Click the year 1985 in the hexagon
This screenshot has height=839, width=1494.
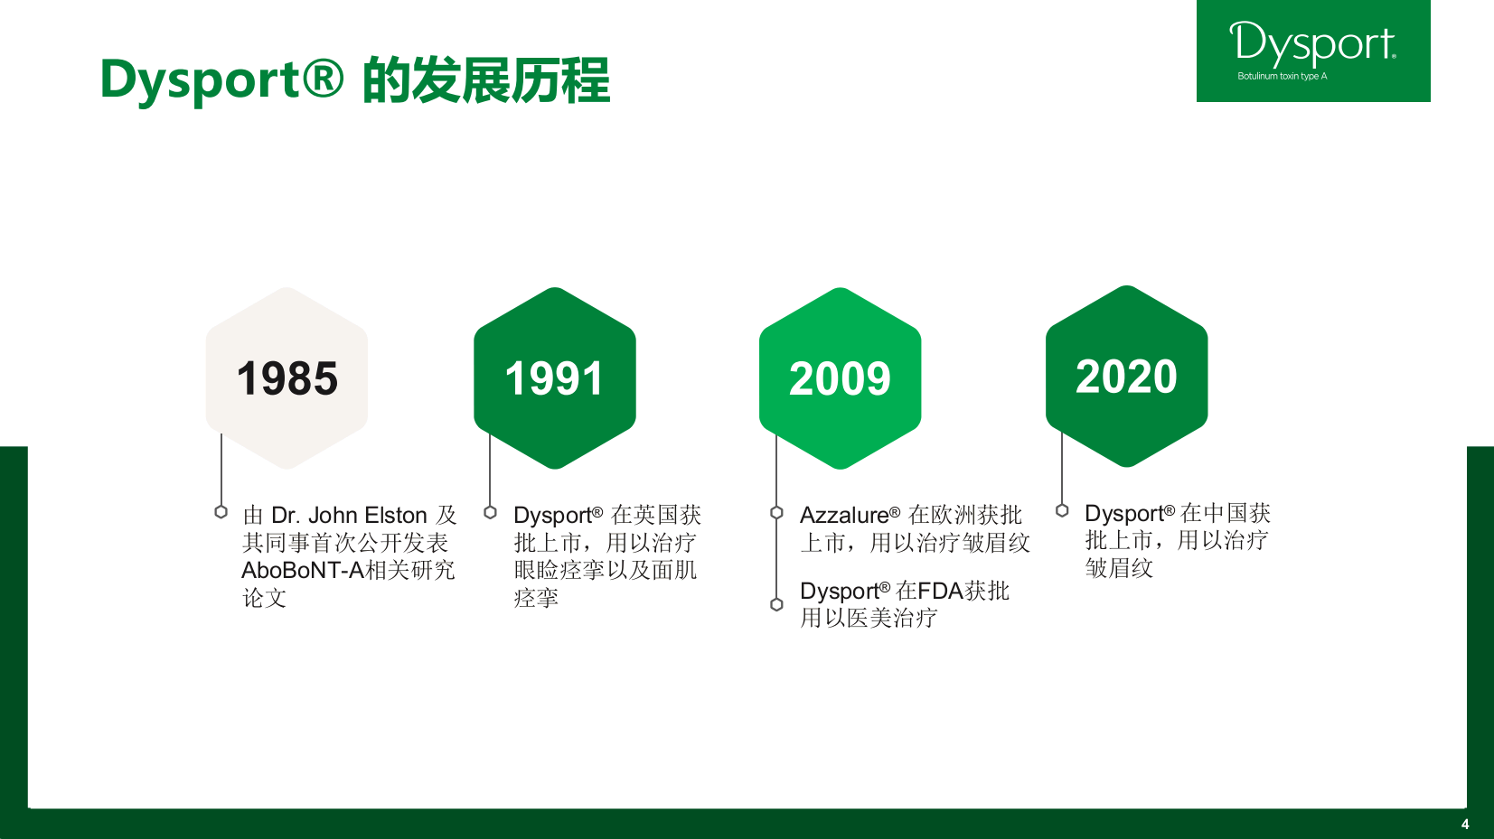(287, 378)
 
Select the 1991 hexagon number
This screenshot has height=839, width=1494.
(554, 378)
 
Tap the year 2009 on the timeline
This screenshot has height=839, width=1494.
(840, 378)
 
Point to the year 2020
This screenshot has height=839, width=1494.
(1126, 377)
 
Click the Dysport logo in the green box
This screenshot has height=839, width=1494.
(1312, 43)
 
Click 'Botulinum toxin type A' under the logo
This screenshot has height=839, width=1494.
(1282, 76)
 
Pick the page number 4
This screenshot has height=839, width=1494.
(1465, 825)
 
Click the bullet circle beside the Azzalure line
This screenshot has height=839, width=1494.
(776, 512)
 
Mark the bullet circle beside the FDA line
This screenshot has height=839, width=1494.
(776, 604)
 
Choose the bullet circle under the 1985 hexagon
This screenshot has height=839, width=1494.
(221, 512)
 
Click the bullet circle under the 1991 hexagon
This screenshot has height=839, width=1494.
(490, 512)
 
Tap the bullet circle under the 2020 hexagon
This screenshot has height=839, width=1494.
(1062, 510)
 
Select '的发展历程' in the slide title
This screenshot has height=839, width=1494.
(486, 80)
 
